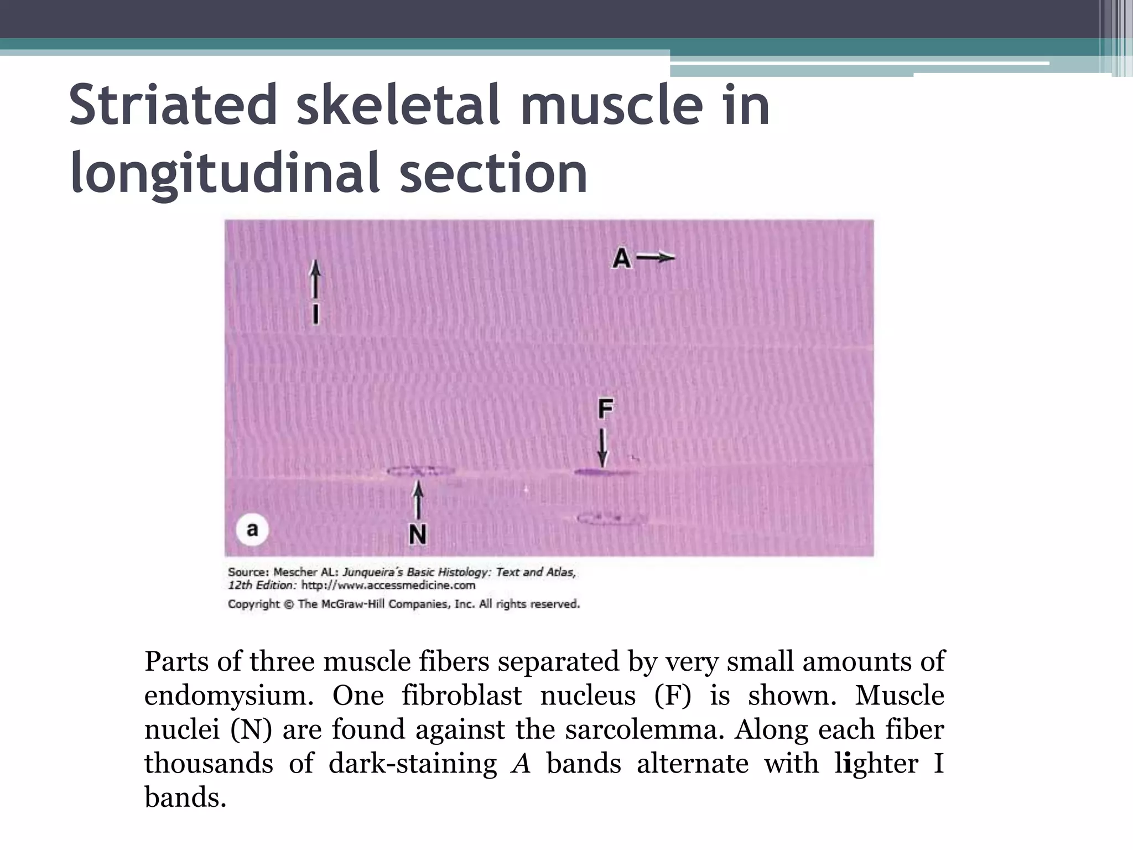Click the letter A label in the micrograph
point(621,258)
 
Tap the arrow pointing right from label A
point(656,257)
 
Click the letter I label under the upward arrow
point(315,314)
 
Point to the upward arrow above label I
point(315,280)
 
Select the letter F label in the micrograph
point(605,410)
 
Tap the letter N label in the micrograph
point(418,535)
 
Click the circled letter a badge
point(252,530)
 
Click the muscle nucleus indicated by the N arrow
point(420,471)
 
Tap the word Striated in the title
point(173,105)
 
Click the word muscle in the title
point(611,105)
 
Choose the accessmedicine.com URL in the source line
point(388,585)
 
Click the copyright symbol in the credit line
point(288,604)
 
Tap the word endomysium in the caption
point(228,696)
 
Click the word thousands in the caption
point(209,764)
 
